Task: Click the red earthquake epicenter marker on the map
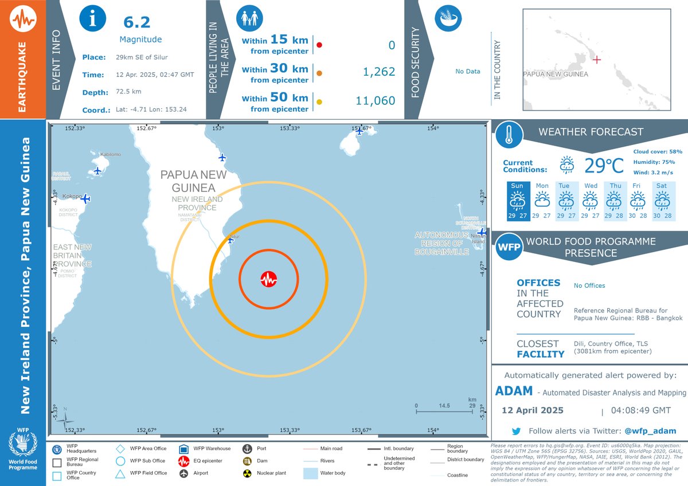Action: click(x=268, y=280)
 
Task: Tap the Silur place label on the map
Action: click(x=234, y=236)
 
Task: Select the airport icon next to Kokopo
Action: click(x=85, y=198)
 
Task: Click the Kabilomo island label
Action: click(x=110, y=155)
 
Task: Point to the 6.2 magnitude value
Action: click(x=137, y=22)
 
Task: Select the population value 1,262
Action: click(x=379, y=72)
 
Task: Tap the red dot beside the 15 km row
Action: click(x=319, y=44)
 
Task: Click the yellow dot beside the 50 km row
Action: click(x=319, y=102)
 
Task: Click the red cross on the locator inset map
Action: click(x=596, y=59)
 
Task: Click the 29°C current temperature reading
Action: click(x=604, y=166)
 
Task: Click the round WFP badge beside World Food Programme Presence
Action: click(x=509, y=246)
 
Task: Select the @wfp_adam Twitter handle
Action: click(x=650, y=431)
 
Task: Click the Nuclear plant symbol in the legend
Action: click(x=247, y=473)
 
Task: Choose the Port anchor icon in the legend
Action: click(x=247, y=448)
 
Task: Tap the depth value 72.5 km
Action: click(x=128, y=92)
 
